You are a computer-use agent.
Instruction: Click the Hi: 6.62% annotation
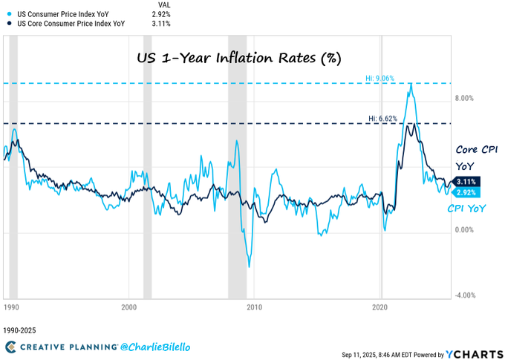pos(383,118)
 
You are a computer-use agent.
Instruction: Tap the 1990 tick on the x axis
pos(11,307)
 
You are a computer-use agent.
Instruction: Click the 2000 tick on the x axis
pos(128,307)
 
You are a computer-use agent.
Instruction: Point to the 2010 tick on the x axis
pos(254,307)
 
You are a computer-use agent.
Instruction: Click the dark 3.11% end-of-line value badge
pos(467,181)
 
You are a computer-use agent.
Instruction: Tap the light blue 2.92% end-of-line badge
pos(467,192)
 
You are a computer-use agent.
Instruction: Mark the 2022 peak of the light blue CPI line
pos(410,84)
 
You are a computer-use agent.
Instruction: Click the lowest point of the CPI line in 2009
pos(250,266)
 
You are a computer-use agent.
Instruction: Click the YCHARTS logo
pos(472,354)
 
